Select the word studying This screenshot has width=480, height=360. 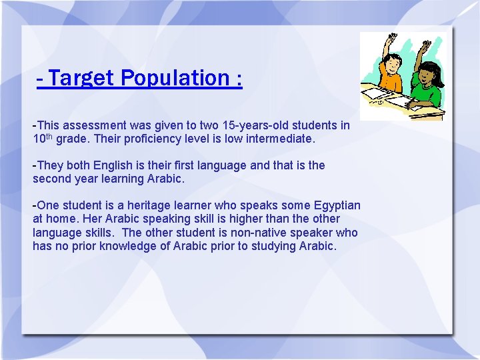click(x=272, y=246)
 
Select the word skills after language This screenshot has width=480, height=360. click(x=99, y=233)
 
